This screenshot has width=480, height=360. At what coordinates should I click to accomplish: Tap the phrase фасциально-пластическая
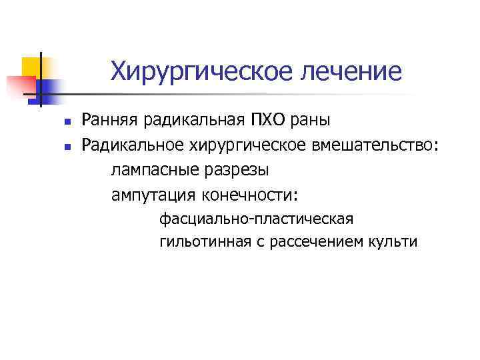257,219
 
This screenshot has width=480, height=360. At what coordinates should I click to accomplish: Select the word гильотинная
200,241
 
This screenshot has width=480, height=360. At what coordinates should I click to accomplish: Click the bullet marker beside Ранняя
59,122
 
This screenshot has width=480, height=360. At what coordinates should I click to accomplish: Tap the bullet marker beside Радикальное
59,146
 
